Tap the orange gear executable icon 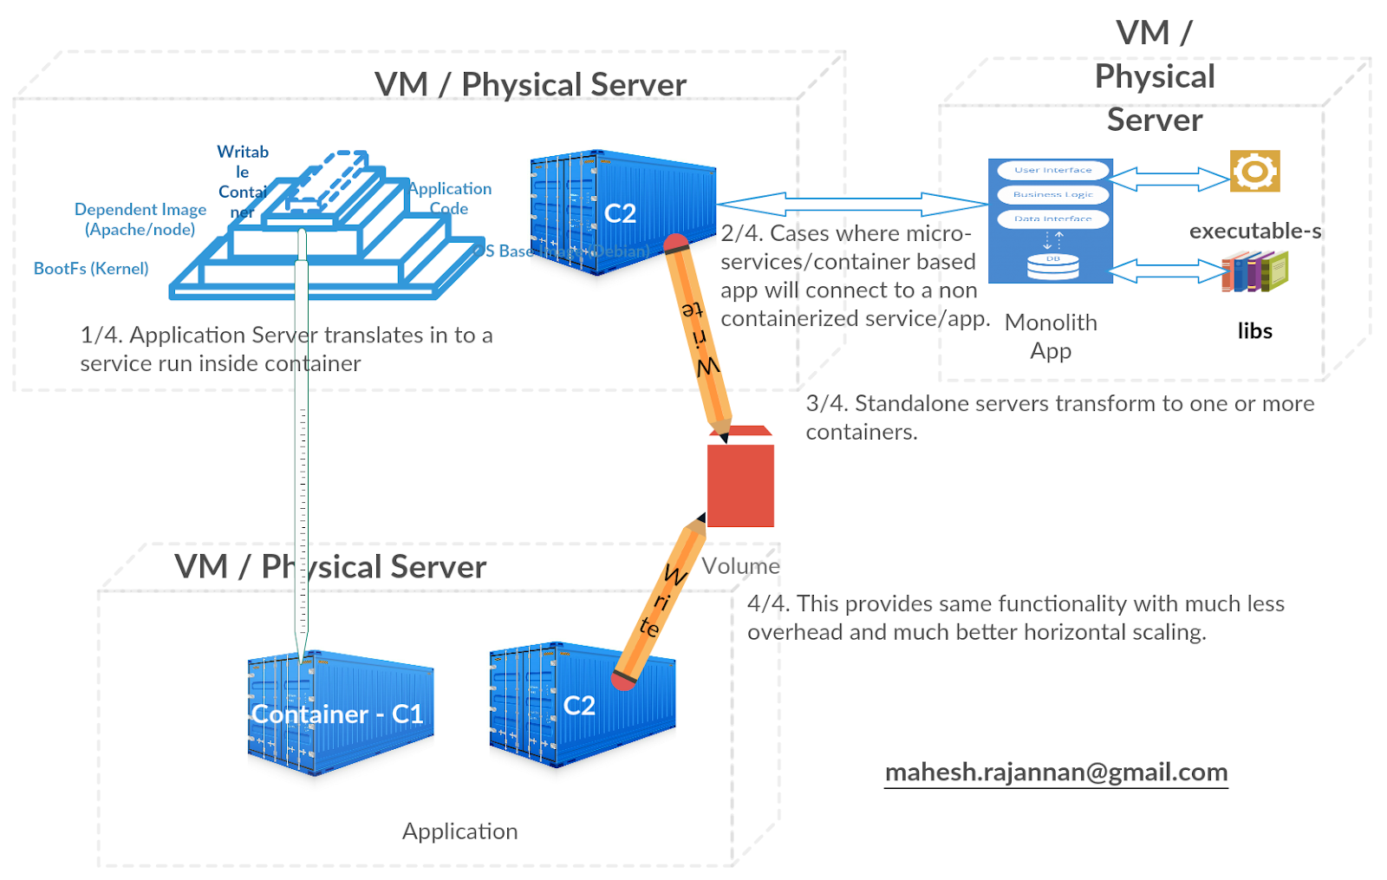pyautogui.click(x=1254, y=171)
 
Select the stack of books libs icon pyautogui.click(x=1254, y=271)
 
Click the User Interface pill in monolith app pyautogui.click(x=1052, y=170)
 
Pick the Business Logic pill pyautogui.click(x=1052, y=194)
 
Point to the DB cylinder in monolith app pyautogui.click(x=1052, y=266)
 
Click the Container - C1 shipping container pyautogui.click(x=339, y=713)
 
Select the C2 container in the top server pyautogui.click(x=622, y=212)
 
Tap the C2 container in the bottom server pyautogui.click(x=581, y=705)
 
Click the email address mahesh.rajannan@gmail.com pyautogui.click(x=1055, y=772)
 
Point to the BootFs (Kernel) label pyautogui.click(x=91, y=269)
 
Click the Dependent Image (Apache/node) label pyautogui.click(x=140, y=219)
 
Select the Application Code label pyautogui.click(x=450, y=199)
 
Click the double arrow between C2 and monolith pyautogui.click(x=852, y=205)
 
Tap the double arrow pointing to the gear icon pyautogui.click(x=1169, y=179)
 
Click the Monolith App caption pyautogui.click(x=1051, y=336)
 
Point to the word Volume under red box pyautogui.click(x=740, y=566)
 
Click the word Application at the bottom pyautogui.click(x=459, y=831)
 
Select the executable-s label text pyautogui.click(x=1254, y=231)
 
